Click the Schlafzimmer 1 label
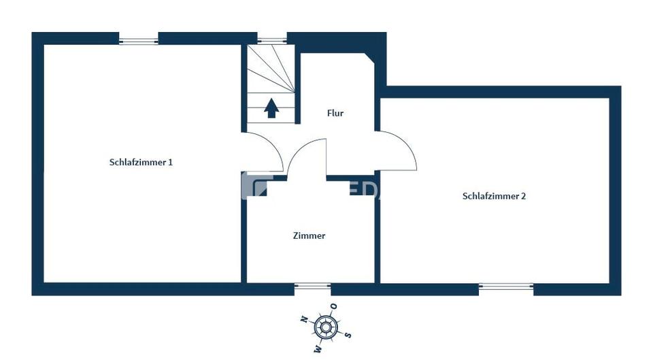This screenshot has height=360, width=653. click(141, 163)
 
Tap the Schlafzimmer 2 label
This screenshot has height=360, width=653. click(494, 196)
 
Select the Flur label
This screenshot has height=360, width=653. click(335, 114)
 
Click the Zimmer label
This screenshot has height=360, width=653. click(309, 235)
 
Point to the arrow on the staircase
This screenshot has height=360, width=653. click(271, 108)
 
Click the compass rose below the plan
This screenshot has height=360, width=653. click(326, 328)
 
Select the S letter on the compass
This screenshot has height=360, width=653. click(348, 335)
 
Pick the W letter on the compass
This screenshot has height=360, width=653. click(317, 348)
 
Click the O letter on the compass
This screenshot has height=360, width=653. click(334, 306)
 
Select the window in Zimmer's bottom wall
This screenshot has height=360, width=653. click(312, 288)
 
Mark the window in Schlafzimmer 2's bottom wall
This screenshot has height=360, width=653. click(506, 288)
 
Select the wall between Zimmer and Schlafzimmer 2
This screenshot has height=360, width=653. click(377, 231)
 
